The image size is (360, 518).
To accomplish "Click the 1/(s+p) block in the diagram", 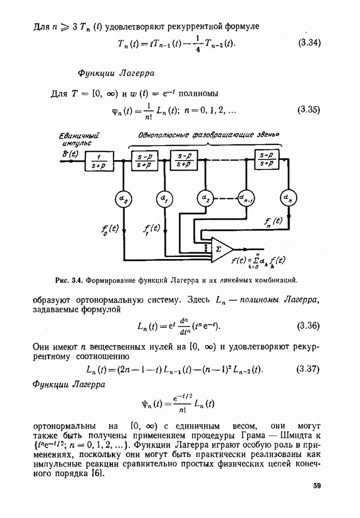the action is pyautogui.click(x=99, y=161).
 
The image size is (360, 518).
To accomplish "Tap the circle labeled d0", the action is pyautogui.click(x=123, y=199).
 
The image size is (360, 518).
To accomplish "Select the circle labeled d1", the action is pyautogui.click(x=164, y=199).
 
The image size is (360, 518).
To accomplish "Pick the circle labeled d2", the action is pyautogui.click(x=206, y=199).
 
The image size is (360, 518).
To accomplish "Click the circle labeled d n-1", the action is pyautogui.click(x=247, y=199).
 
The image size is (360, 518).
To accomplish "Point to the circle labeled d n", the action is pyautogui.click(x=289, y=198).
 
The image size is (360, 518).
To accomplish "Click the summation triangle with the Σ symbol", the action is pyautogui.click(x=222, y=250).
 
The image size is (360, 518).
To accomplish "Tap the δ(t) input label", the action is pyautogui.click(x=70, y=154).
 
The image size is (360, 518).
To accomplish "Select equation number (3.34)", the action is pyautogui.click(x=309, y=42).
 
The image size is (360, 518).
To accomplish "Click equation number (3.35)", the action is pyautogui.click(x=309, y=109).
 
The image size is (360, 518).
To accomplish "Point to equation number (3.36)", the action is pyautogui.click(x=308, y=326).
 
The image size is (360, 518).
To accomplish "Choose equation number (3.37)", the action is pyautogui.click(x=308, y=369).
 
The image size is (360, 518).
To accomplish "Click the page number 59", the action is pyautogui.click(x=316, y=486).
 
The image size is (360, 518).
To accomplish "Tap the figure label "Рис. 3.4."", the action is pyautogui.click(x=68, y=281).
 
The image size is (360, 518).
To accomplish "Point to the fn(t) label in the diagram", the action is pyautogui.click(x=273, y=222).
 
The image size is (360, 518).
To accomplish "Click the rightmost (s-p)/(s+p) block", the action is pyautogui.click(x=267, y=159).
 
